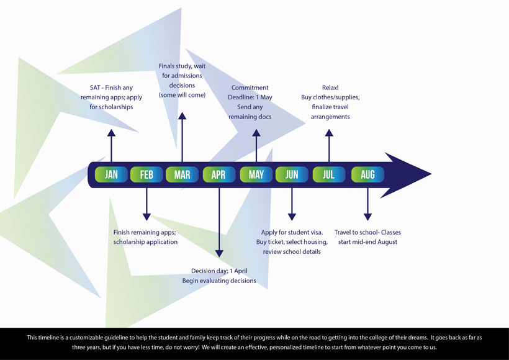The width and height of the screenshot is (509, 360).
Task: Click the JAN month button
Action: click(x=111, y=175)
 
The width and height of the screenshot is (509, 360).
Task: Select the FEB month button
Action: click(x=146, y=175)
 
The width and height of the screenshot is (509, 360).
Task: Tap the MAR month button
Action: click(x=182, y=175)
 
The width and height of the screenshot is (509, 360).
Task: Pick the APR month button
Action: click(x=218, y=175)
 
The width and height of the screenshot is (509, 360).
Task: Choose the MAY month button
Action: click(x=256, y=175)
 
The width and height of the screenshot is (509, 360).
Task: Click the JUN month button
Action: click(x=292, y=175)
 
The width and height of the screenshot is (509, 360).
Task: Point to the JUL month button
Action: click(x=329, y=175)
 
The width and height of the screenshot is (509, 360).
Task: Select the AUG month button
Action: click(x=367, y=175)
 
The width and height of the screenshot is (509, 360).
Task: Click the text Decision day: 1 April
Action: click(x=218, y=271)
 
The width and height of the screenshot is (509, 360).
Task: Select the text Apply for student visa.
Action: click(x=292, y=232)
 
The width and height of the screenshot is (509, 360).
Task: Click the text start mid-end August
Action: click(x=367, y=242)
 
